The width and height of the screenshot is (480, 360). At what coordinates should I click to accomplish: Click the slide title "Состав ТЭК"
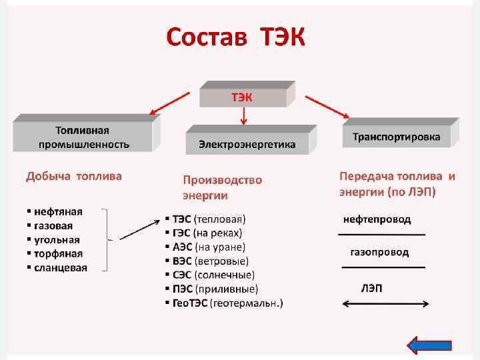(x=235, y=39)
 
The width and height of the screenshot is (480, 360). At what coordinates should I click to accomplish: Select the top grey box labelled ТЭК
(x=243, y=97)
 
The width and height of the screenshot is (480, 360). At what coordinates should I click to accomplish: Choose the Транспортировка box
(x=396, y=137)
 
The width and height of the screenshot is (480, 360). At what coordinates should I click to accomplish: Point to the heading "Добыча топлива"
(x=74, y=177)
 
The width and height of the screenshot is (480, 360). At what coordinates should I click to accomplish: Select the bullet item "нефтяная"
(x=58, y=211)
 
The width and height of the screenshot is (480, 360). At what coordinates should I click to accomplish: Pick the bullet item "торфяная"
(x=58, y=253)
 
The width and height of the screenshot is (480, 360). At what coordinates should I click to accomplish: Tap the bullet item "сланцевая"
(x=60, y=267)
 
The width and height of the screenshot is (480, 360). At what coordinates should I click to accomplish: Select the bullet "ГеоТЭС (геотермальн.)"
(x=227, y=303)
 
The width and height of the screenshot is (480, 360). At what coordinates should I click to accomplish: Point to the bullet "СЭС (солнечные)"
(x=213, y=275)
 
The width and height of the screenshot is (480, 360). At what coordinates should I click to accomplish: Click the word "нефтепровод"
(x=377, y=219)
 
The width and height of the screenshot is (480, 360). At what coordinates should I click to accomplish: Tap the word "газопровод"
(x=379, y=253)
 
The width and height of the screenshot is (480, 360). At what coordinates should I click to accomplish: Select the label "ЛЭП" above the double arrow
(x=371, y=288)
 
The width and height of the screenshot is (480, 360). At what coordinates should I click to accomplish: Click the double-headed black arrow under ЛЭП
(x=385, y=304)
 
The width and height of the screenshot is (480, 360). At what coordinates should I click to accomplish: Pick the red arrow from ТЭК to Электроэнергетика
(x=243, y=117)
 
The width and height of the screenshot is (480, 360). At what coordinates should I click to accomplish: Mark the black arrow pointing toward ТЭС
(x=139, y=229)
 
